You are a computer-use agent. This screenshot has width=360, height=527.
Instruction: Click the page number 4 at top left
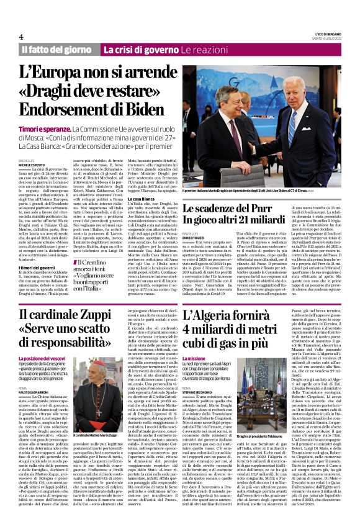(x=21, y=37)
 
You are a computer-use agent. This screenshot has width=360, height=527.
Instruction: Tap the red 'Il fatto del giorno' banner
(x=57, y=49)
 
